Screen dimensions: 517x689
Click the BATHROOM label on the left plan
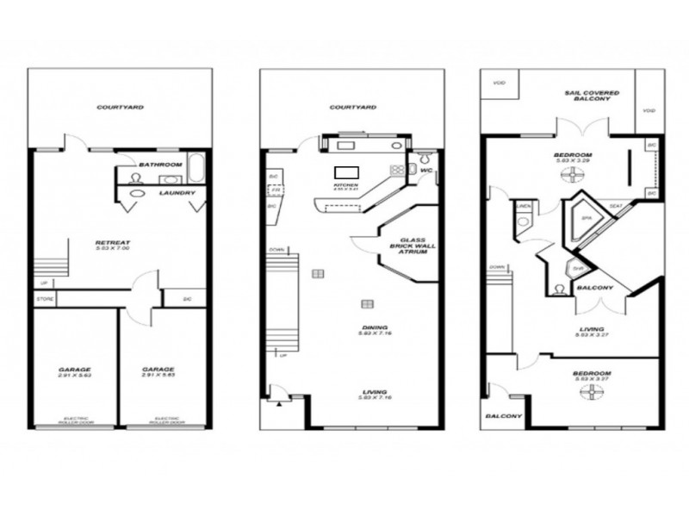[161, 164]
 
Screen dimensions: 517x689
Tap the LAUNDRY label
[177, 193]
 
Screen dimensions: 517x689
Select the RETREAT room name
[112, 244]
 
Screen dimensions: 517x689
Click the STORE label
[45, 299]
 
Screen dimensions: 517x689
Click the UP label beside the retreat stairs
[43, 283]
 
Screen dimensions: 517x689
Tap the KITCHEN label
[345, 185]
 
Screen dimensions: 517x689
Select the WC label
[425, 171]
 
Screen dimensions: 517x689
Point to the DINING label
[375, 328]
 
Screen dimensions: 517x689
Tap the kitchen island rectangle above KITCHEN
[345, 171]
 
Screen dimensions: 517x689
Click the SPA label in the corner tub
[585, 220]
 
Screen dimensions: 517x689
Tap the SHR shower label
[578, 268]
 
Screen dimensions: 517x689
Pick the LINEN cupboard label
[522, 206]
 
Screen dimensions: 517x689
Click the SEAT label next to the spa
[617, 206]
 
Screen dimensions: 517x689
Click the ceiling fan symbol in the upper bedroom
[569, 174]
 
